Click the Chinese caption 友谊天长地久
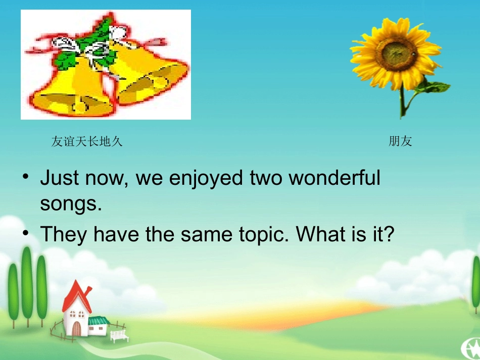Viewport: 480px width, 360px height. (87, 142)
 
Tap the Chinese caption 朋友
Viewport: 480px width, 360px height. (400, 142)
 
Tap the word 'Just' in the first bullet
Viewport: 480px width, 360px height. (60, 178)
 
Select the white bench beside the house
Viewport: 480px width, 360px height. (119, 335)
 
